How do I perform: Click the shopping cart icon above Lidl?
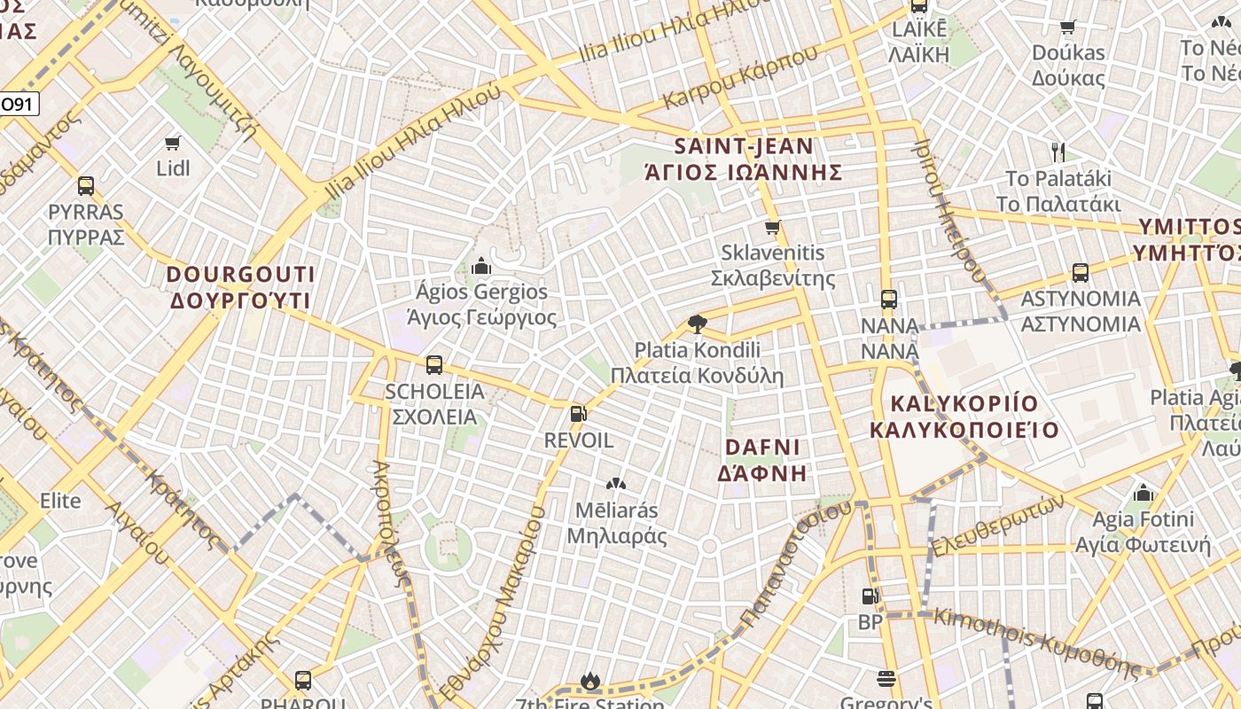click(x=173, y=143)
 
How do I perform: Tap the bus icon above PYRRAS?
click(x=86, y=186)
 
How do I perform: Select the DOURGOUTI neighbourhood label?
click(x=240, y=287)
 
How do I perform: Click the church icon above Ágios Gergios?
click(x=481, y=265)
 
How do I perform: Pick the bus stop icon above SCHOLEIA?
click(x=434, y=364)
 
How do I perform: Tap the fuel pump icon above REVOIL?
click(x=578, y=413)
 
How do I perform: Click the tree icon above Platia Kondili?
click(x=698, y=323)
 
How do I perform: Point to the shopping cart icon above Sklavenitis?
click(x=773, y=227)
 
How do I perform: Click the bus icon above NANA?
click(x=889, y=300)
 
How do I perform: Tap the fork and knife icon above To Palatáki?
click(x=1057, y=152)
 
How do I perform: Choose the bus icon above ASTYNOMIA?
click(x=1081, y=272)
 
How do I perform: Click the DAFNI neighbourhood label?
click(x=762, y=459)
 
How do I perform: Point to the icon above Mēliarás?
click(x=616, y=484)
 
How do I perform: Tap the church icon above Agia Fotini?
click(x=1143, y=492)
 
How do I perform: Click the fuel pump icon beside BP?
click(x=871, y=596)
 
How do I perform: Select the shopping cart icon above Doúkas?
click(x=1068, y=27)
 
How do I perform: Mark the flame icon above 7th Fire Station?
click(x=590, y=681)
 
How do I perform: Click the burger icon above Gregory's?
click(x=886, y=679)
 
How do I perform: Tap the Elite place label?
click(x=60, y=501)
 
